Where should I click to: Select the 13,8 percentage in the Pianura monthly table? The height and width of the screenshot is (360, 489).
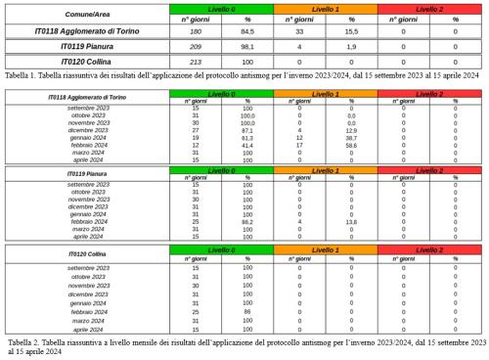351,221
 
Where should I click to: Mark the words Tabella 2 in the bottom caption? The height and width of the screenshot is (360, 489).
24,342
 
